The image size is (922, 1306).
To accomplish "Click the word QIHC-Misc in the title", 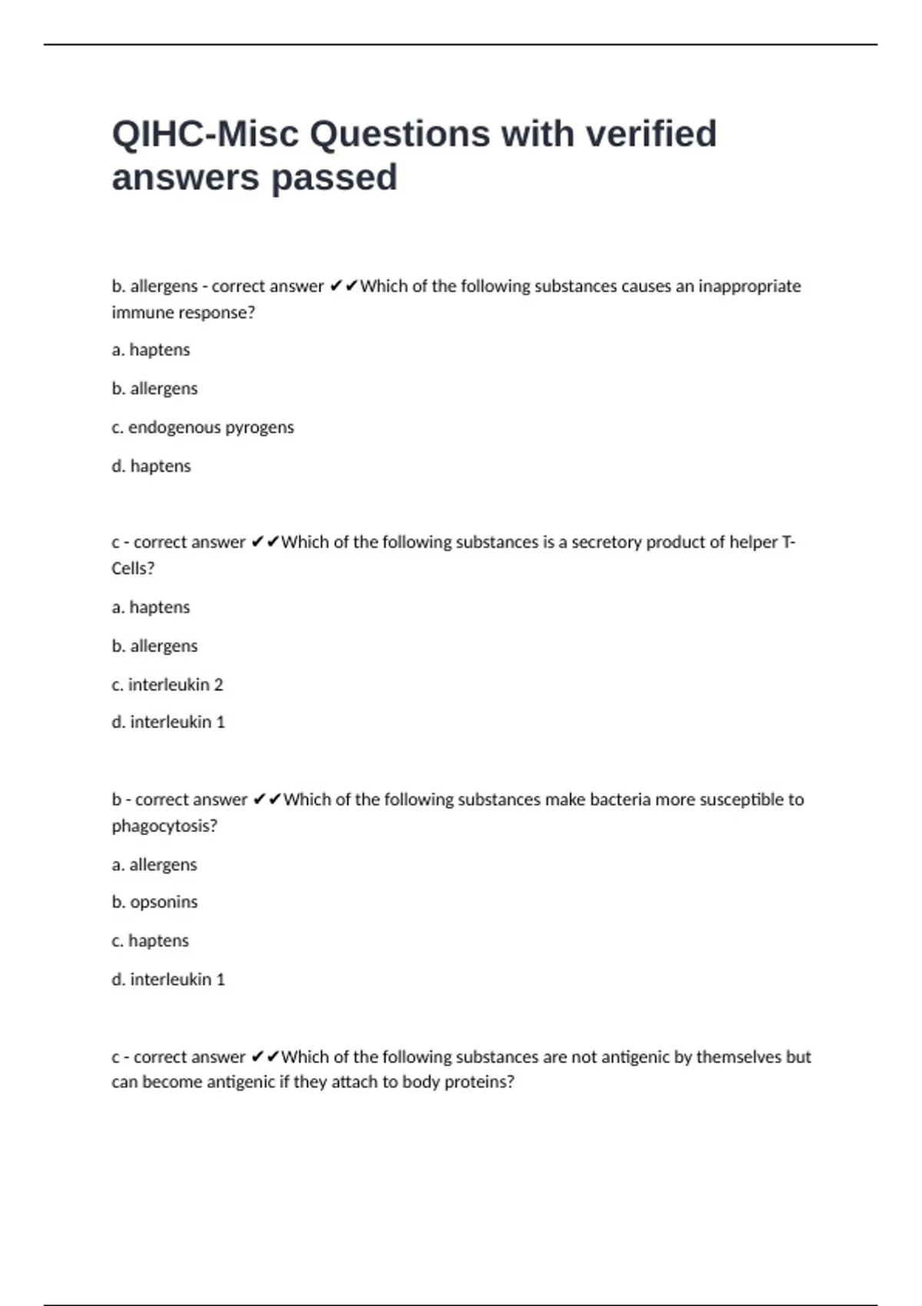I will pos(204,134).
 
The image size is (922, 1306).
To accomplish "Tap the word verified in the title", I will pos(651,134).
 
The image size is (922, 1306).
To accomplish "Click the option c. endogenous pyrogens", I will pos(203,427).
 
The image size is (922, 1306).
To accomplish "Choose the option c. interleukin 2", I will pos(167,684).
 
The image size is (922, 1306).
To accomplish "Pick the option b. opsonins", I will pos(154,902).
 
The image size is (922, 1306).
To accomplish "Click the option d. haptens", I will pos(151,466).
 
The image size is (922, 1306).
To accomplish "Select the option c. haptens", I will pos(151,941).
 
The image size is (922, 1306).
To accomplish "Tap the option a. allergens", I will pos(154,865).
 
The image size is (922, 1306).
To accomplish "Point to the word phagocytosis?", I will pos(164,826).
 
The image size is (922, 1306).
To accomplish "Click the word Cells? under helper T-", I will pos(133,568).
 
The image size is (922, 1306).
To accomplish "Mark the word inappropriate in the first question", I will pos(749,287).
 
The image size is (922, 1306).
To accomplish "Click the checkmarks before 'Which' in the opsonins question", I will pos(266,800).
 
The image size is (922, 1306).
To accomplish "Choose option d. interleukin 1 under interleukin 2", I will pos(168,722).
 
